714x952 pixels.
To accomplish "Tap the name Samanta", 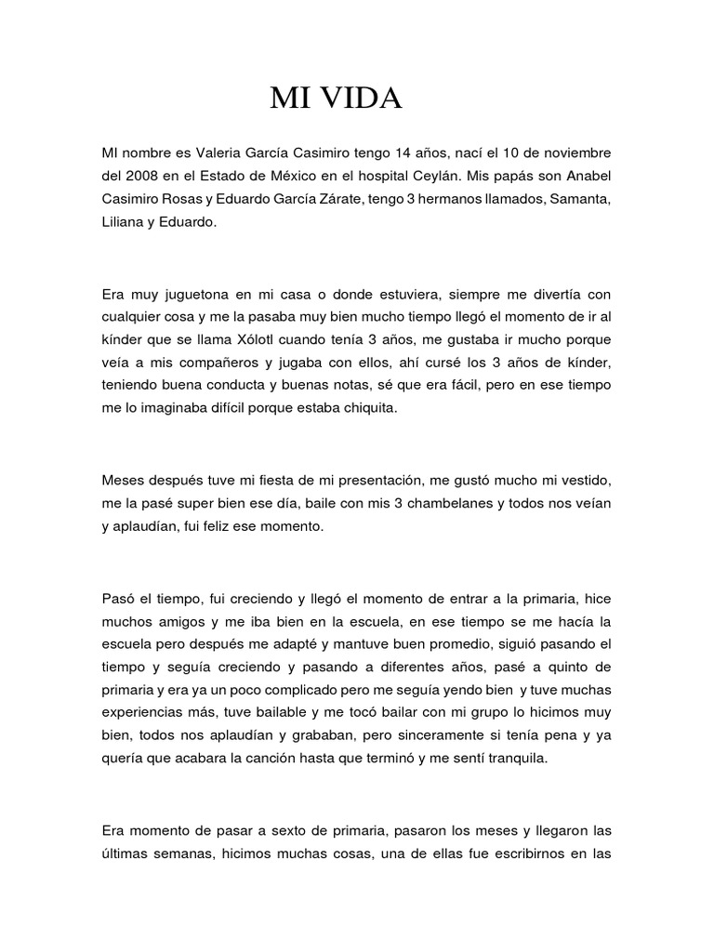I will (579, 201).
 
